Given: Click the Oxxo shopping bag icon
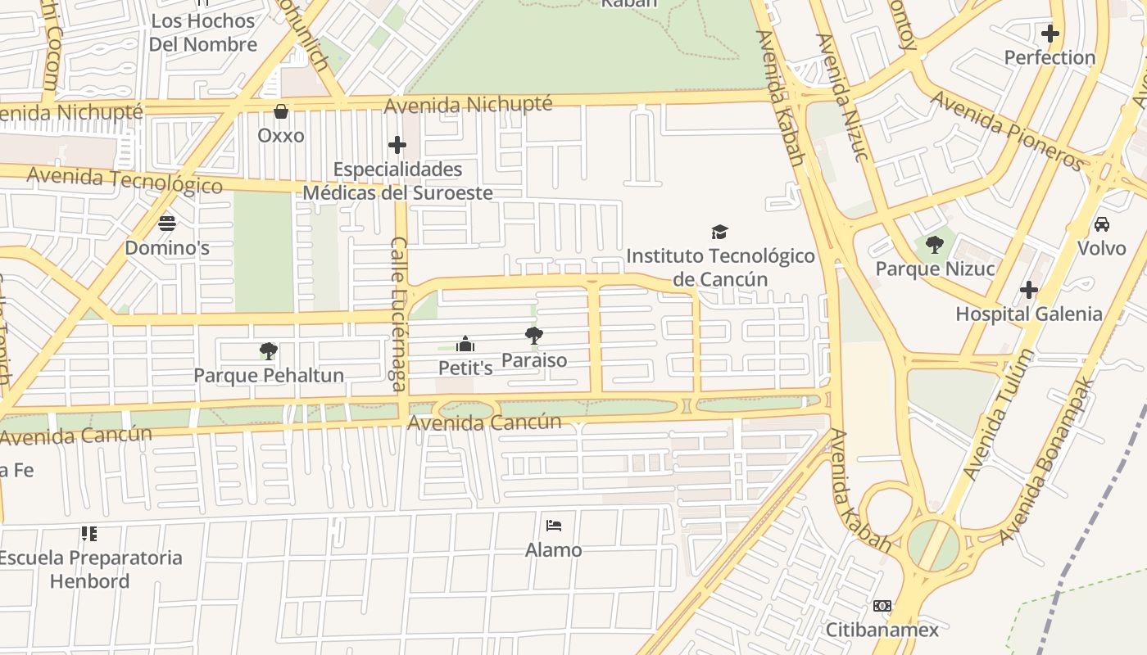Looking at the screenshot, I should point(281,111).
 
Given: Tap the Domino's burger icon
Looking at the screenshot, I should point(167,224).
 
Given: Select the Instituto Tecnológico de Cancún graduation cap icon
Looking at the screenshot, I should point(719,232).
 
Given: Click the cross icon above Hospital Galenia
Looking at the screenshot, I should point(1029,290).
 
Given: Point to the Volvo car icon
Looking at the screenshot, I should point(1102,224).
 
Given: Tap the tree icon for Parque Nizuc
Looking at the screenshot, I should point(934,244).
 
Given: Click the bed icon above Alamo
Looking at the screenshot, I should point(554,525).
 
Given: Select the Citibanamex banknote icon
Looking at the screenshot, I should point(882,606).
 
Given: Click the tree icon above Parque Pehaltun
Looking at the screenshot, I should point(268,351).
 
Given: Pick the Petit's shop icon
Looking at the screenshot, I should point(465,344).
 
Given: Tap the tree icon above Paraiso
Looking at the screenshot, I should point(534,335).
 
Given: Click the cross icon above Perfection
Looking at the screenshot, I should point(1050,34).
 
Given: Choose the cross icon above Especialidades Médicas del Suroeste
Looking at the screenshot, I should point(397,145).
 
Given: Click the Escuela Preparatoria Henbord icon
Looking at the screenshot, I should point(89,534).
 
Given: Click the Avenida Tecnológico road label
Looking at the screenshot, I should point(125,179).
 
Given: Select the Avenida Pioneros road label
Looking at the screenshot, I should point(1006,130).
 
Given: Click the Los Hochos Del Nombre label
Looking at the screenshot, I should point(203,32).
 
